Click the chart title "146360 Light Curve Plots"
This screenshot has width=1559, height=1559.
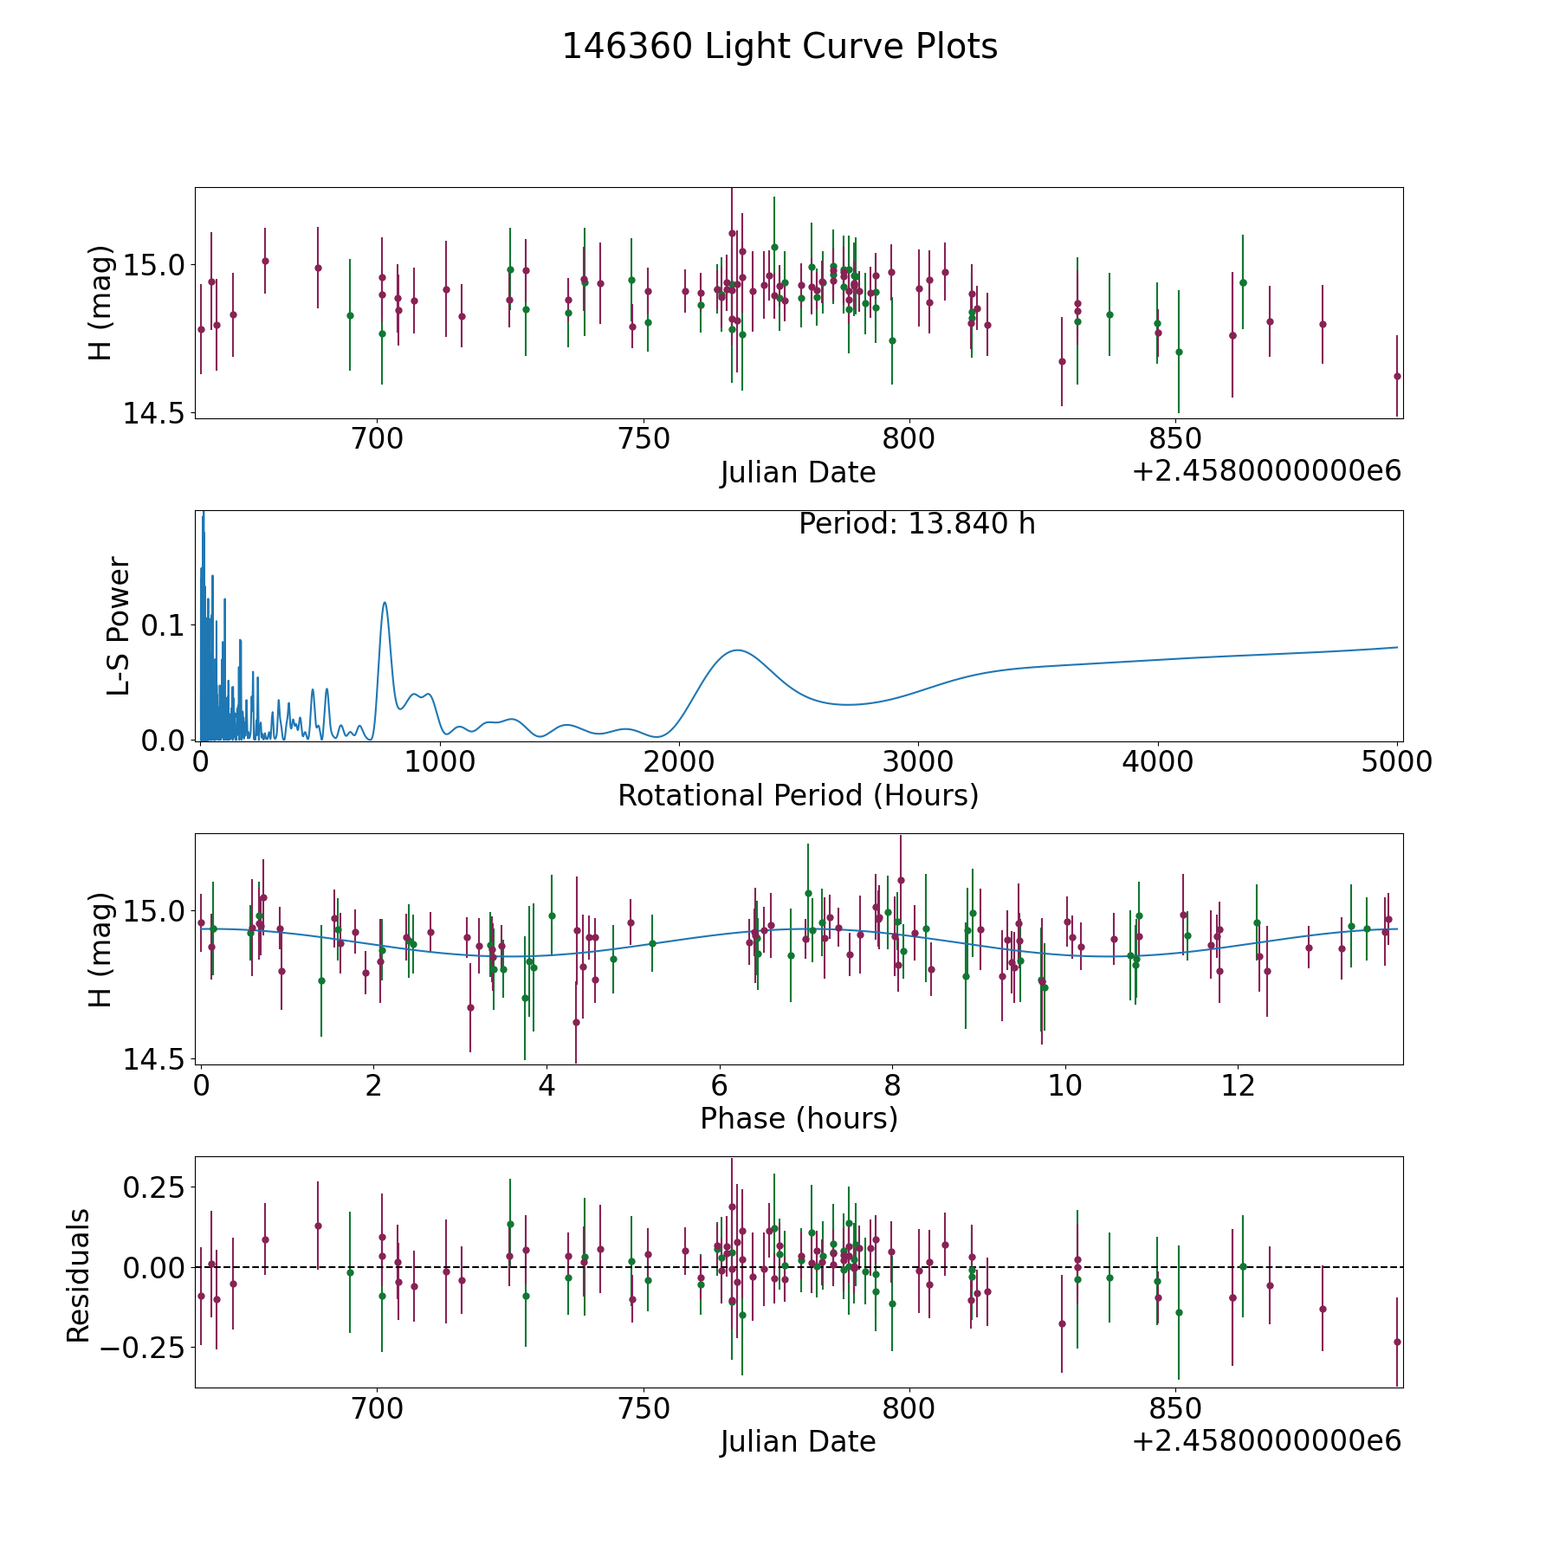pos(779,47)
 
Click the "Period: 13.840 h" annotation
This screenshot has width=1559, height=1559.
pos(916,524)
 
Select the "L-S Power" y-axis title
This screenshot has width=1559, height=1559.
pos(120,625)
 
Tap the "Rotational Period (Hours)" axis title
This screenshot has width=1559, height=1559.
pos(798,795)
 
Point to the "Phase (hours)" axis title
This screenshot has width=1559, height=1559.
pos(799,1118)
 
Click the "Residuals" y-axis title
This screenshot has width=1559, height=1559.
pos(79,1276)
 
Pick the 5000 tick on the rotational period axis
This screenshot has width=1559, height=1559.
pos(1397,762)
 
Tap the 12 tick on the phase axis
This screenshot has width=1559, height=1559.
pos(1238,1085)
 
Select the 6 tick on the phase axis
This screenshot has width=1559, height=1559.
pos(719,1085)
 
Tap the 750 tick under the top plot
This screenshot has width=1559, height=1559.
pos(644,439)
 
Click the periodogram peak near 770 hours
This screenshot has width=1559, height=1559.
pos(385,603)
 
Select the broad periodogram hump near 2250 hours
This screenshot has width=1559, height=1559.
pos(737,650)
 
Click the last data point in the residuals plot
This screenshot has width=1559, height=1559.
pos(1396,1342)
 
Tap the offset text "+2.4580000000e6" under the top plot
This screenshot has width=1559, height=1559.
pos(1266,471)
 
